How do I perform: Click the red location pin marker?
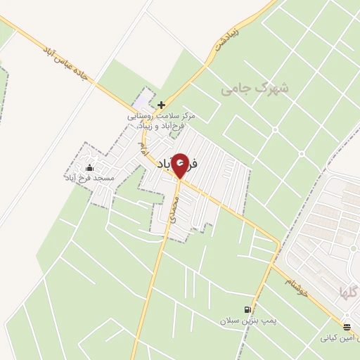click(x=181, y=166)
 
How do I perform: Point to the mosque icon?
click(x=89, y=167)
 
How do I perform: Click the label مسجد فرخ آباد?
click(x=89, y=179)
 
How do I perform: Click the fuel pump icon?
click(x=247, y=309)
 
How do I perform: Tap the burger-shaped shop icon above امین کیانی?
click(x=347, y=326)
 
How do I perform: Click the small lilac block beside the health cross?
click(x=145, y=98)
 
